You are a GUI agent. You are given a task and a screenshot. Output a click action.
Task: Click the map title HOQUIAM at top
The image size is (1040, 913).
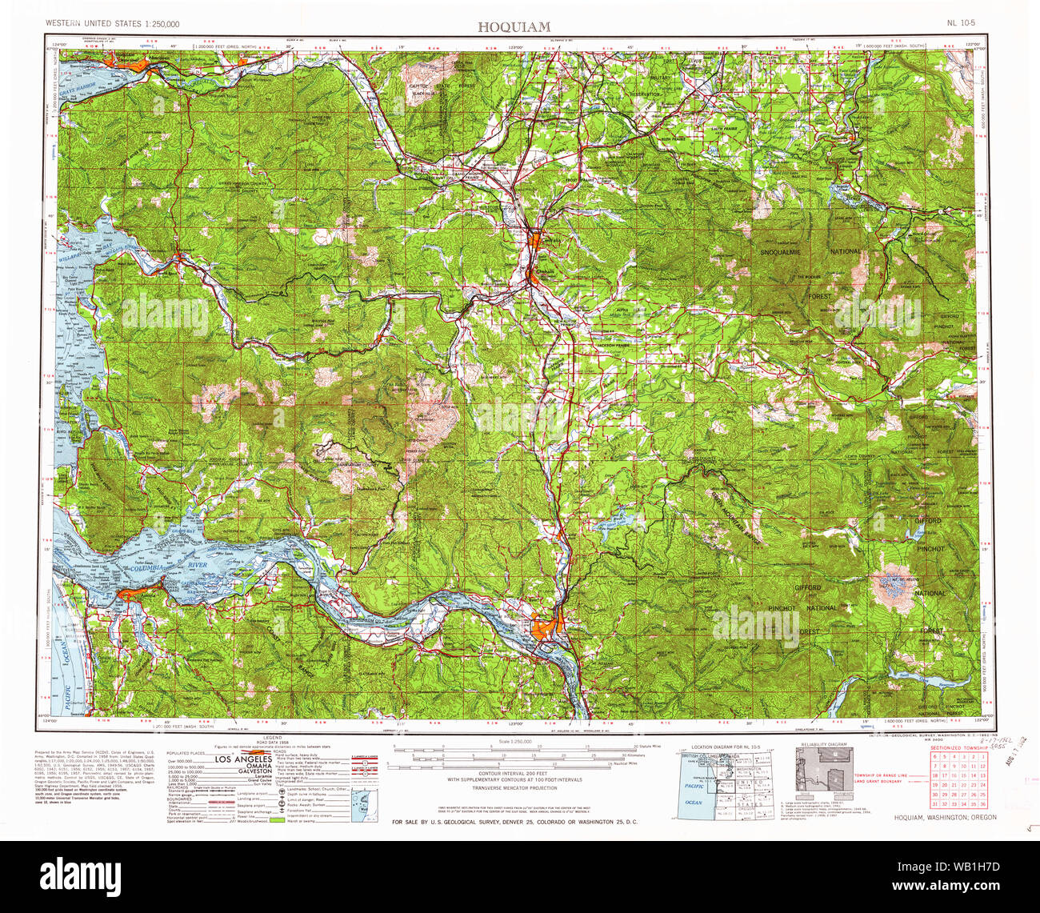(514, 26)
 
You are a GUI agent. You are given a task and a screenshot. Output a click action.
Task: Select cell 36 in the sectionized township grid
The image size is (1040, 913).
(982, 803)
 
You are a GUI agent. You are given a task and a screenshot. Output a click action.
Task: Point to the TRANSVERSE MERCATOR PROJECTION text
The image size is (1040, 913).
(514, 788)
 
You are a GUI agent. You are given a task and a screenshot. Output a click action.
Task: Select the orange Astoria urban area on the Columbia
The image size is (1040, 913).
(128, 595)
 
